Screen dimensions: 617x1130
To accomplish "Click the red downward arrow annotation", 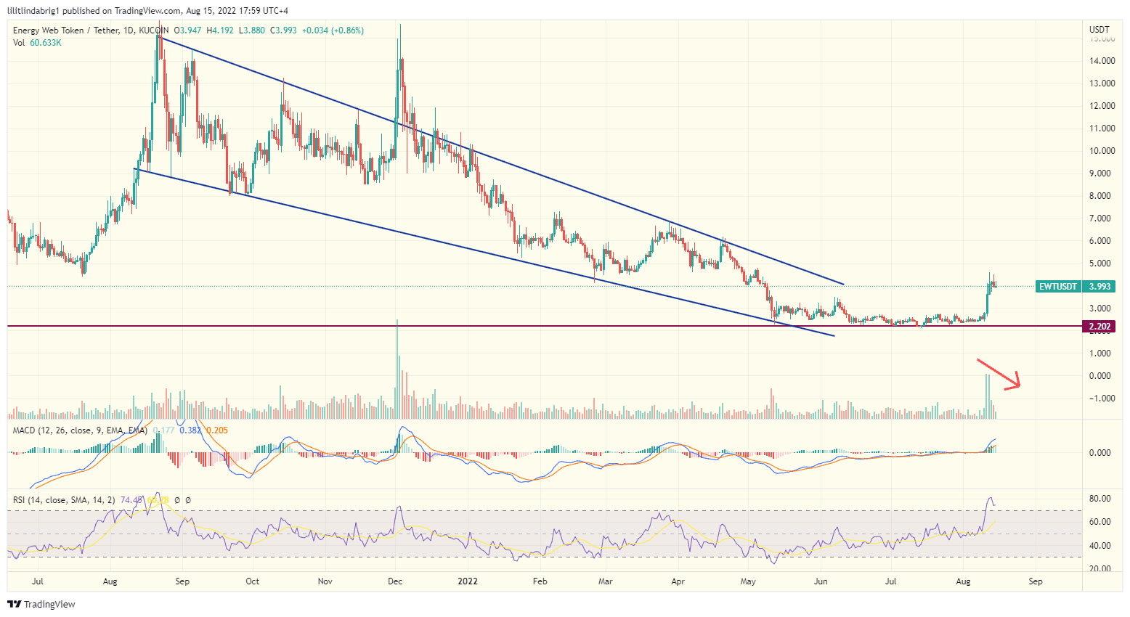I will pos(1000,373).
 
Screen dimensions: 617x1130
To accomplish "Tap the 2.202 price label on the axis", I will pos(1099,327).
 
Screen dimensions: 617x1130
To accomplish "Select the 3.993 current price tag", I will pos(1099,287).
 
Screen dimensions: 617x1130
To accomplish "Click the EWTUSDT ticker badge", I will pos(1058,287).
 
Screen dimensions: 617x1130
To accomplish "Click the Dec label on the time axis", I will pos(395,581).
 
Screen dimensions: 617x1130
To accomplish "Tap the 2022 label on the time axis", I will pos(468,581).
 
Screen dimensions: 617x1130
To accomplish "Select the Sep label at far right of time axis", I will pos(1036,581).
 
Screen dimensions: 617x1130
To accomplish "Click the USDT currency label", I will pos(1099,30).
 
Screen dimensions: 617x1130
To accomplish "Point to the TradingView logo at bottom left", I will pos(41,604).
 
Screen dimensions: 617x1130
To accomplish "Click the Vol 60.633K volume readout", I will pos(37,43).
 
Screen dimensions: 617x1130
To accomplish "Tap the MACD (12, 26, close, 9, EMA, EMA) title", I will pos(80,430).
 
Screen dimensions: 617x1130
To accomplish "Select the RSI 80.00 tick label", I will pos(1101,499).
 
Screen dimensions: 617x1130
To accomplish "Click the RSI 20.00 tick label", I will pos(1101,568).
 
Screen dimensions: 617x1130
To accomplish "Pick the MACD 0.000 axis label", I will pos(1101,453).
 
